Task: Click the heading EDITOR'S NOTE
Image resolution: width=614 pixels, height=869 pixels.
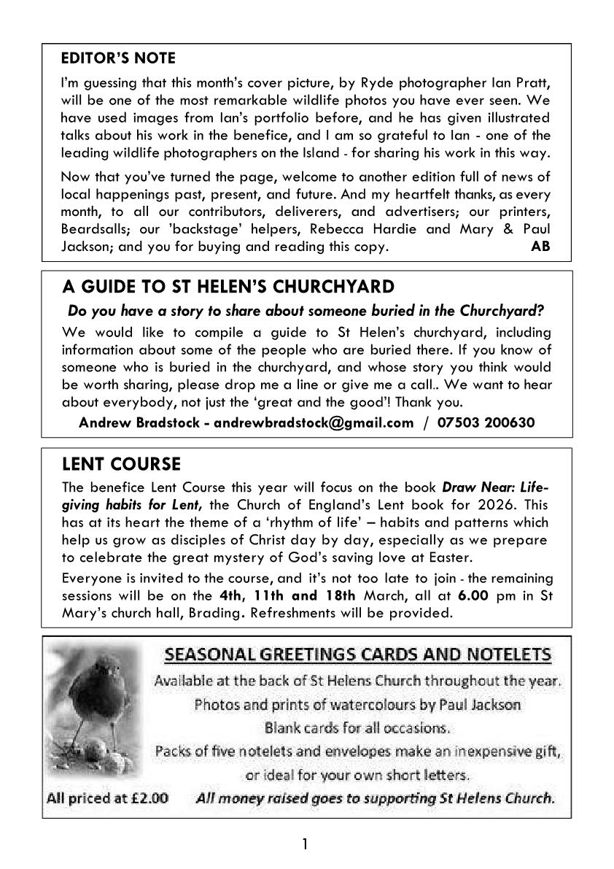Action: pyautogui.click(x=118, y=58)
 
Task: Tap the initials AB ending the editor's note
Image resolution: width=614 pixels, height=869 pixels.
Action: pyautogui.click(x=540, y=247)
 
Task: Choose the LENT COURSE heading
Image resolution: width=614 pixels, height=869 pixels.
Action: pyautogui.click(x=121, y=464)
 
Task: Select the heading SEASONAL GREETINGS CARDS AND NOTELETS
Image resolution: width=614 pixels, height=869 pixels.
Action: pyautogui.click(x=358, y=655)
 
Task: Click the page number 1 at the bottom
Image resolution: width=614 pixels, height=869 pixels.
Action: pyautogui.click(x=306, y=845)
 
